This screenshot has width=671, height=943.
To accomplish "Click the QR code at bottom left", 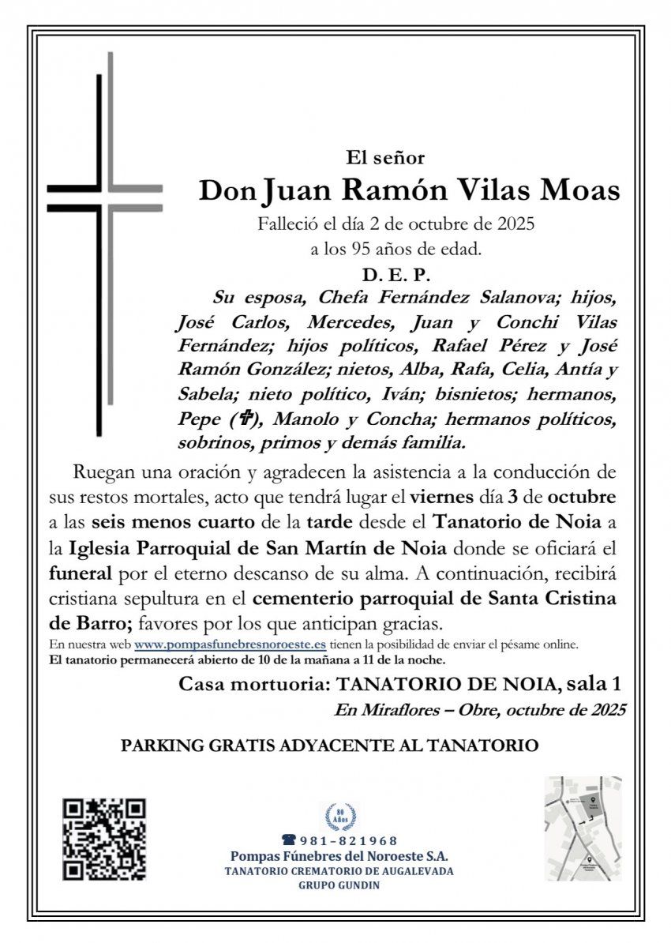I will [x=105, y=840].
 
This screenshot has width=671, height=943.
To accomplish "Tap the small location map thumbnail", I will [x=583, y=828].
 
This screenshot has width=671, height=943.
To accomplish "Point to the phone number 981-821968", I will [x=347, y=841].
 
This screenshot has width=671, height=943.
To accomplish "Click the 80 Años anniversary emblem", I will [x=340, y=815].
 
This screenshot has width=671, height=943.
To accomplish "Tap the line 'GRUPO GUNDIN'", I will [x=339, y=885].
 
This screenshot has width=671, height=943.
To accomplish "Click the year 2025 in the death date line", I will [x=515, y=224].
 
